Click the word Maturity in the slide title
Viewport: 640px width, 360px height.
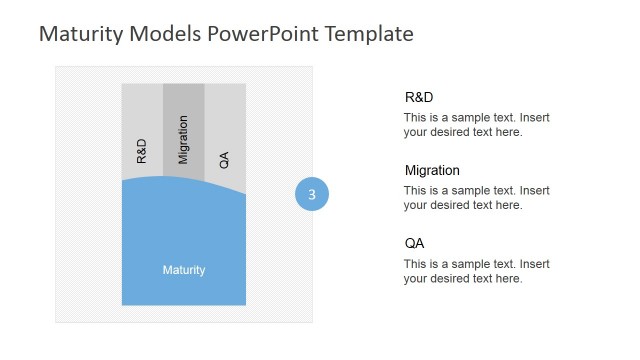pos(80,34)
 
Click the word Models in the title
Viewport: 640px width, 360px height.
pos(167,34)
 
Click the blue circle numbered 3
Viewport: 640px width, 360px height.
pos(312,195)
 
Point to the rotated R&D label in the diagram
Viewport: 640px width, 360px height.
pos(141,151)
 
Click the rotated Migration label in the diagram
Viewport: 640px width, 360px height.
pos(183,139)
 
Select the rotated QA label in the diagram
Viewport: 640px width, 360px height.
pos(224,158)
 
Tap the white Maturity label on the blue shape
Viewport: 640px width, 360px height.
pos(184,270)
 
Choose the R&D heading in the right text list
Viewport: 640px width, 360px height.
pos(419,97)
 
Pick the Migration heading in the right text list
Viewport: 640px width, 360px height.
pos(432,171)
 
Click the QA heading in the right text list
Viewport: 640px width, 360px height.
pos(414,244)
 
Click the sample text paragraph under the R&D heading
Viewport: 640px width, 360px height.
pos(476,124)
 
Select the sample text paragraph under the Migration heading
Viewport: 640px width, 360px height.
pos(476,198)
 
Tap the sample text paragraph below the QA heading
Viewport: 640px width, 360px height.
pos(476,271)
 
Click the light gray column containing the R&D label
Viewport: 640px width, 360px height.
pos(142,110)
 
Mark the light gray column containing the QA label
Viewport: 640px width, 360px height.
pos(225,110)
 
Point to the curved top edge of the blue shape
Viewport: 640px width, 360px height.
pos(184,178)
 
